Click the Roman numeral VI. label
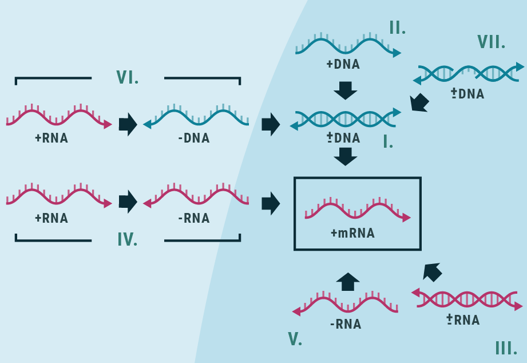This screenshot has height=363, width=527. (127, 77)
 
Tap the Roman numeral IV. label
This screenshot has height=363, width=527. (127, 239)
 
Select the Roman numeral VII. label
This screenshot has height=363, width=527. (491, 42)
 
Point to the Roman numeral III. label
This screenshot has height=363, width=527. (506, 348)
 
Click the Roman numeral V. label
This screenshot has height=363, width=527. (295, 339)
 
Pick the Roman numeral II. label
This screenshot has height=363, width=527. (397, 27)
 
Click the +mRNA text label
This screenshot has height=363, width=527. (352, 233)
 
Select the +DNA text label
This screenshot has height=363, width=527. (343, 64)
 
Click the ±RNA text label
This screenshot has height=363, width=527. (463, 320)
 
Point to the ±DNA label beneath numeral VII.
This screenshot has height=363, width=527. (467, 94)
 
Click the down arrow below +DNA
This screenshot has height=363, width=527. (345, 90)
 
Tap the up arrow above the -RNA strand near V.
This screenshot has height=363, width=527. (347, 281)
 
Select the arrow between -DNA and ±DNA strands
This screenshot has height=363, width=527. (270, 124)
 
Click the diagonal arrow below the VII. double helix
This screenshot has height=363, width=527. (419, 102)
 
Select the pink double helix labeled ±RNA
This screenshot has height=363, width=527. (467, 299)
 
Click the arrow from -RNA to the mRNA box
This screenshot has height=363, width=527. (270, 203)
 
